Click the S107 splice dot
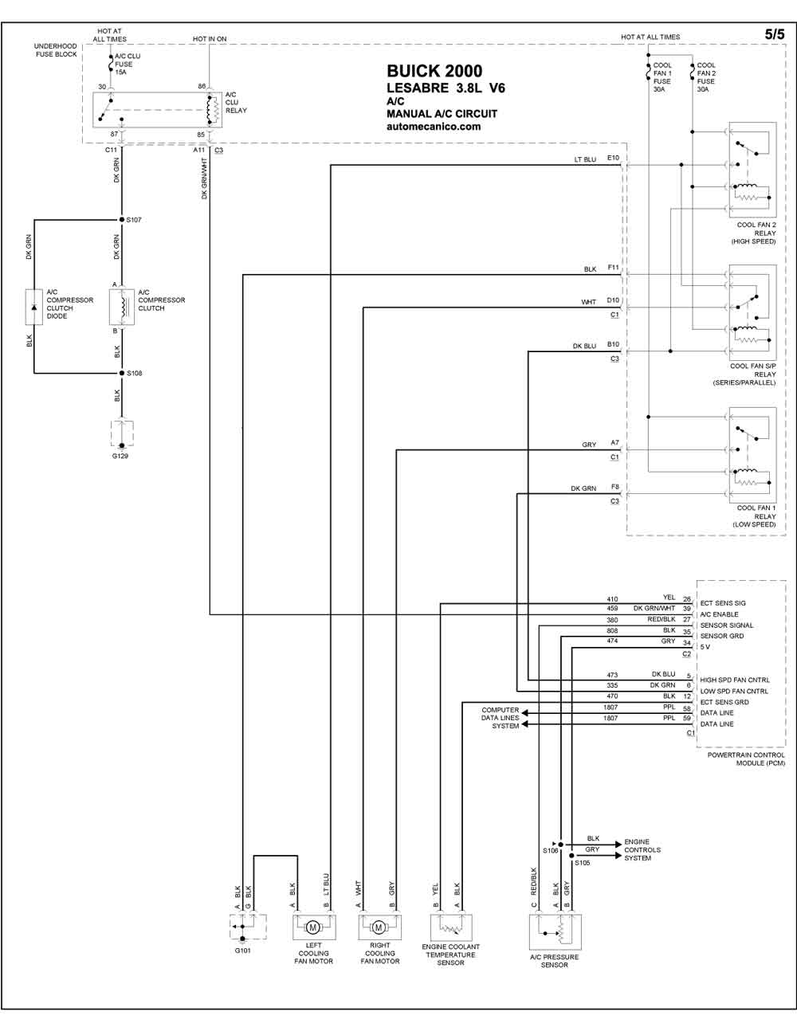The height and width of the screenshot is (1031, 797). pos(121,220)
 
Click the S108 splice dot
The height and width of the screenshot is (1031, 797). pos(122,373)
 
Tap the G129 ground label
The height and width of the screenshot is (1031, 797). pos(120,456)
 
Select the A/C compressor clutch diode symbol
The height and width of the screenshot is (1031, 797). pos(33,307)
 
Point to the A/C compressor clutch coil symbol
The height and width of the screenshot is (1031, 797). pos(122,307)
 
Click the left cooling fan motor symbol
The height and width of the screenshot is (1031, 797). pos(313,927)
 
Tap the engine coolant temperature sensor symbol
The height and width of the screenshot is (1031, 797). pos(450,927)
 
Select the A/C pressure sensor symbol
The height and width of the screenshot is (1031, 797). pos(555,932)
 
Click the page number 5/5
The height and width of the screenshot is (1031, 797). pos(774,34)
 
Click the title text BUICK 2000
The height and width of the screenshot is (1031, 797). pos(434,71)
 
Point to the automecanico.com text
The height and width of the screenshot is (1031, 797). pos(434,127)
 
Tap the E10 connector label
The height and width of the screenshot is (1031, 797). pos(613,158)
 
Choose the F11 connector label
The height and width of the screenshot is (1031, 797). pos(614,268)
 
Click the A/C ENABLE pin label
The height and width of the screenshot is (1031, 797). pos(719,614)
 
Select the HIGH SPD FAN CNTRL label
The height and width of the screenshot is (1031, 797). pos(735,680)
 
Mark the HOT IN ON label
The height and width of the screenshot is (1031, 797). pos(210,39)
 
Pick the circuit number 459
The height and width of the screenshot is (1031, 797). pos(612,608)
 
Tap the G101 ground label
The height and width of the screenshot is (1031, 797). pos(242,951)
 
